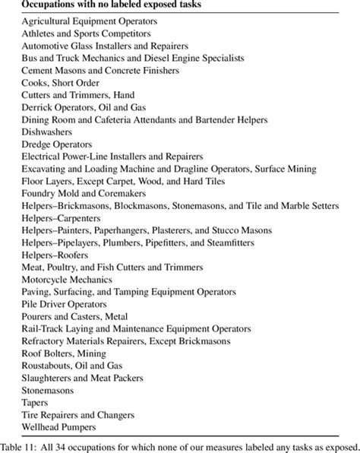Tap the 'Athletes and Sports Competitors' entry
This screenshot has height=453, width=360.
[x=85, y=33]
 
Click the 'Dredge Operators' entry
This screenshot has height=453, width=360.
[x=57, y=144]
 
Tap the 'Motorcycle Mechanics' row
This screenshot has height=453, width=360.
[x=66, y=279]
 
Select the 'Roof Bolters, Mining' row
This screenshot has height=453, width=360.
[x=65, y=353]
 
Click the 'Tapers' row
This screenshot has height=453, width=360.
[x=35, y=402]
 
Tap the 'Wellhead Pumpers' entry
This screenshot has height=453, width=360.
[x=58, y=426]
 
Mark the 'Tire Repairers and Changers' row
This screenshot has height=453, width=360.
[x=78, y=414]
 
